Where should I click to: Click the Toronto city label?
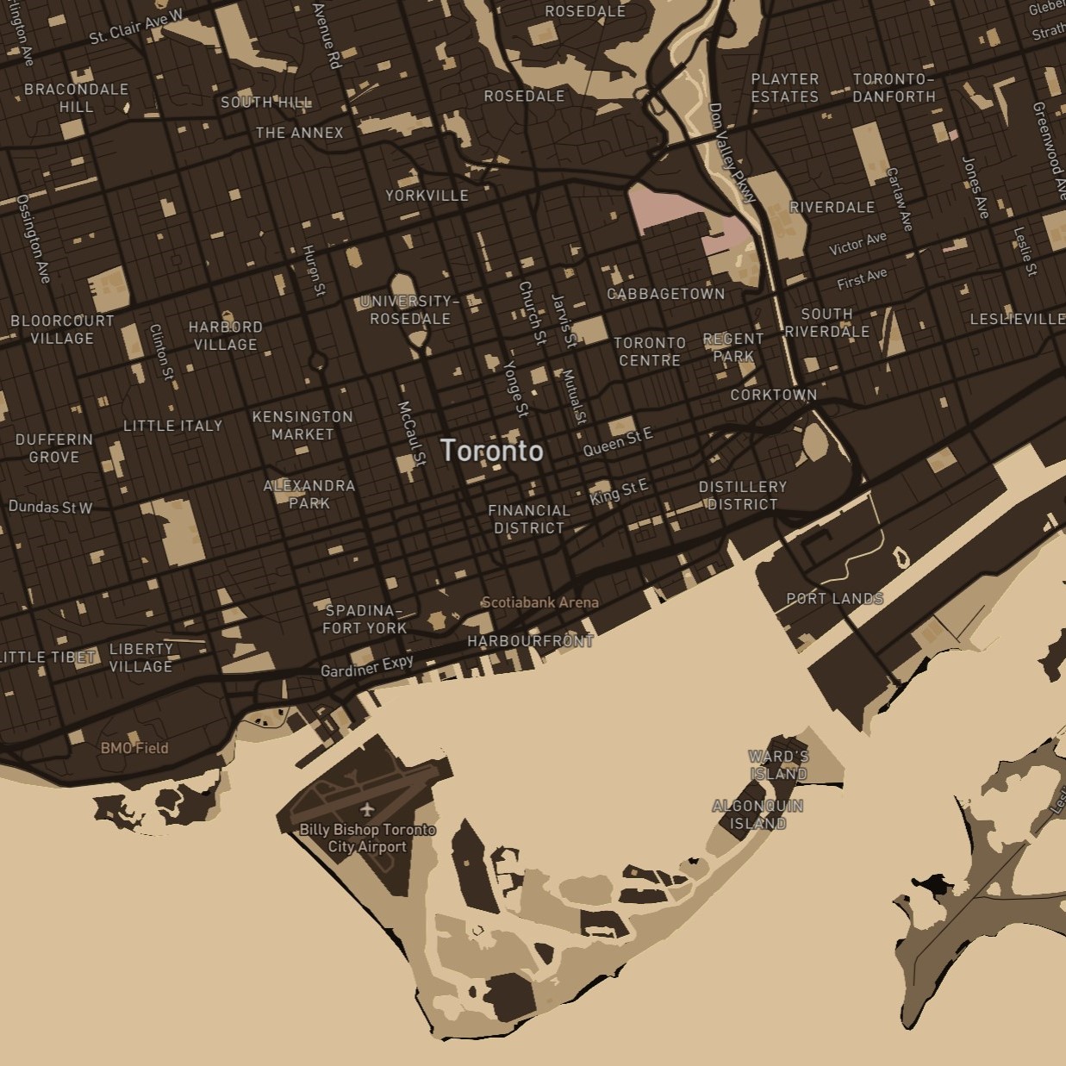coord(492,450)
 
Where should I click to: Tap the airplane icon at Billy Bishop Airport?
coord(368,809)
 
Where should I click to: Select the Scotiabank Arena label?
coord(539,602)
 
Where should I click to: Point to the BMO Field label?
coord(134,748)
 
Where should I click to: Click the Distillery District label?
coord(742,496)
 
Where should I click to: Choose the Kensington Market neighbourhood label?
coord(302,425)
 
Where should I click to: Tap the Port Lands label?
coord(834,598)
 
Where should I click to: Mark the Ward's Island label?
coord(778,764)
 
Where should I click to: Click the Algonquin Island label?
coord(757,814)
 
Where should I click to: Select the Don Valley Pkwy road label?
coord(731,153)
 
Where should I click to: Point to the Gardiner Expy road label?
coord(367,666)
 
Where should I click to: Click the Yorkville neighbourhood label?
coord(427,196)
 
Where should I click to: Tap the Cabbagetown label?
coord(666,294)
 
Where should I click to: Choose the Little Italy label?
coord(172,426)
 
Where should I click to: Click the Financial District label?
coord(529,519)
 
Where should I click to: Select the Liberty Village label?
coord(140,658)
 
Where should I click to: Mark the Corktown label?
coord(773,395)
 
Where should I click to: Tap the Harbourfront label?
coord(530,641)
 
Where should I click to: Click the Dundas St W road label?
coord(50,507)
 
